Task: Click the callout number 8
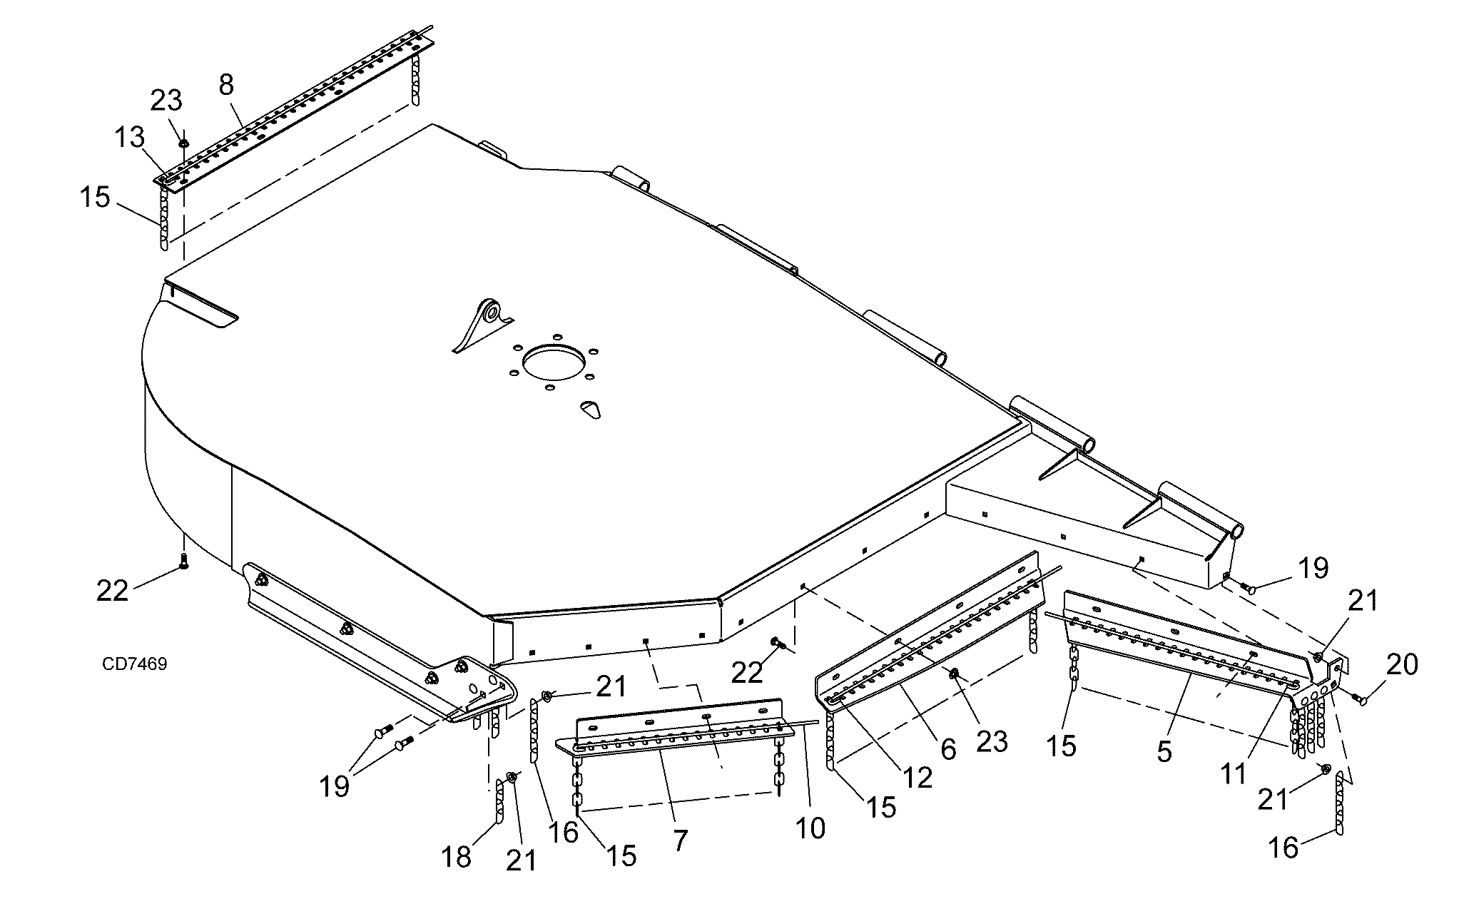point(225,85)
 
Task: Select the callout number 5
point(1164,751)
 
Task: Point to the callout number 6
point(947,748)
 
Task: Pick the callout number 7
point(680,841)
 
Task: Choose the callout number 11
point(1233,773)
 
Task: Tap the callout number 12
point(917,777)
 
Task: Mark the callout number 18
point(457,856)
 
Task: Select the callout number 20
point(1401,665)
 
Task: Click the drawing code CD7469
point(135,664)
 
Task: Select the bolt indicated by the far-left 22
point(183,562)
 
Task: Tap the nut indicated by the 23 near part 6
point(953,673)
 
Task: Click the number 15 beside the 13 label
point(94,197)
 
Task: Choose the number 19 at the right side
point(1313,569)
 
